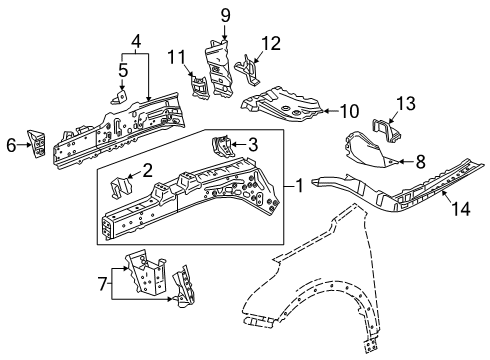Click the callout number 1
point(300,186)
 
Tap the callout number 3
point(253,143)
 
